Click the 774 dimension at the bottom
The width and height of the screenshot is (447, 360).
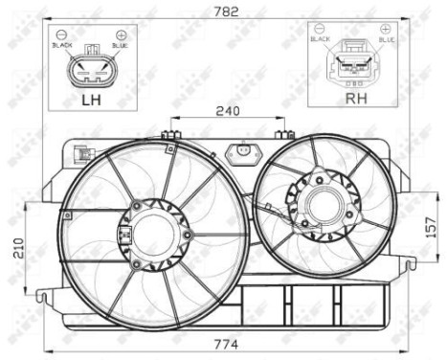click(226, 343)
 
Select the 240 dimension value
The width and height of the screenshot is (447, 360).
click(226, 111)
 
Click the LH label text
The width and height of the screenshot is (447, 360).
click(91, 99)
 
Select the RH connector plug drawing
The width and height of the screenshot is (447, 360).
click(352, 64)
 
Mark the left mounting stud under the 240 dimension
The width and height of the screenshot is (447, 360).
click(171, 135)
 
